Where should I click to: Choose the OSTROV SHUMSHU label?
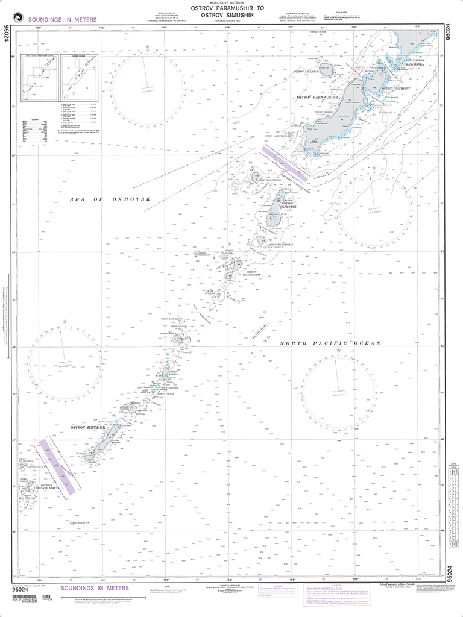(397, 88)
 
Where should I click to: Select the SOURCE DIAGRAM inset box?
(75, 76)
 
